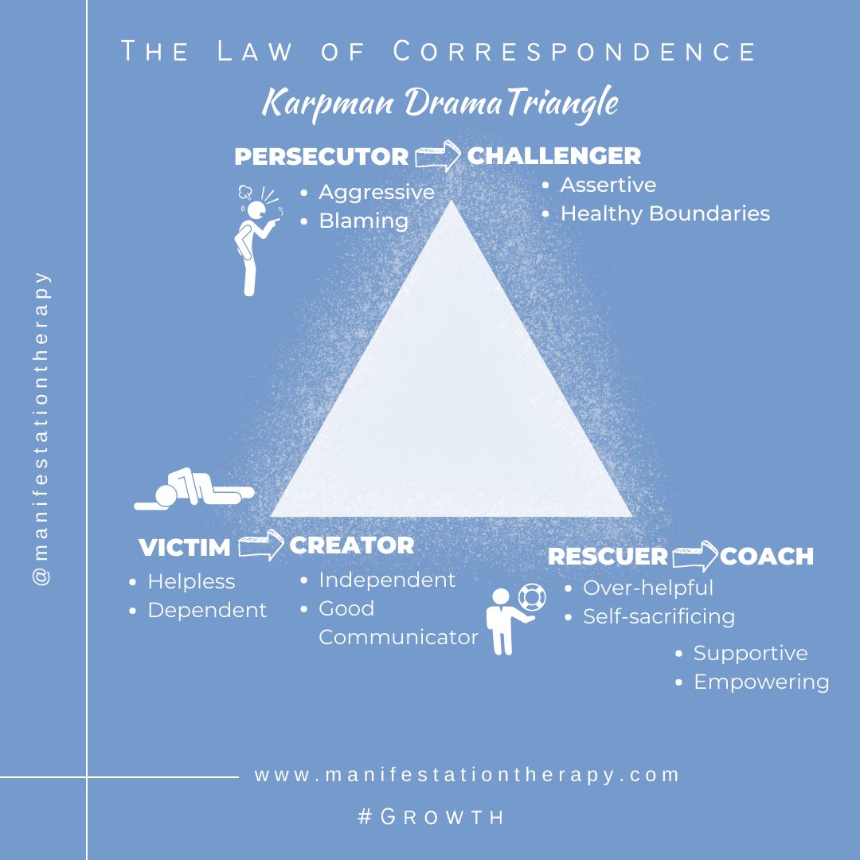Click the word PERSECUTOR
[x=321, y=157]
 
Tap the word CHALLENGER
[x=553, y=155]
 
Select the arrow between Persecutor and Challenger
[x=437, y=155]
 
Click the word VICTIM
[x=184, y=548]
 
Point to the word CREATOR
[x=351, y=545]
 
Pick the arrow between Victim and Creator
[x=260, y=545]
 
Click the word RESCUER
[x=607, y=557]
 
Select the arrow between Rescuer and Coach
[x=695, y=556]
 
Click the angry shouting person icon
[x=256, y=239]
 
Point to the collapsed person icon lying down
[x=193, y=490]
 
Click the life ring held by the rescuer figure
[x=530, y=596]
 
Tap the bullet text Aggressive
[x=377, y=193]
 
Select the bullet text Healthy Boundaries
[x=665, y=213]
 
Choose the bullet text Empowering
[x=761, y=682]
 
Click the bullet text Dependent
[x=207, y=610]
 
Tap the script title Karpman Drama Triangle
[x=440, y=104]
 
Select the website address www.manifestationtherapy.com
[x=467, y=775]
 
